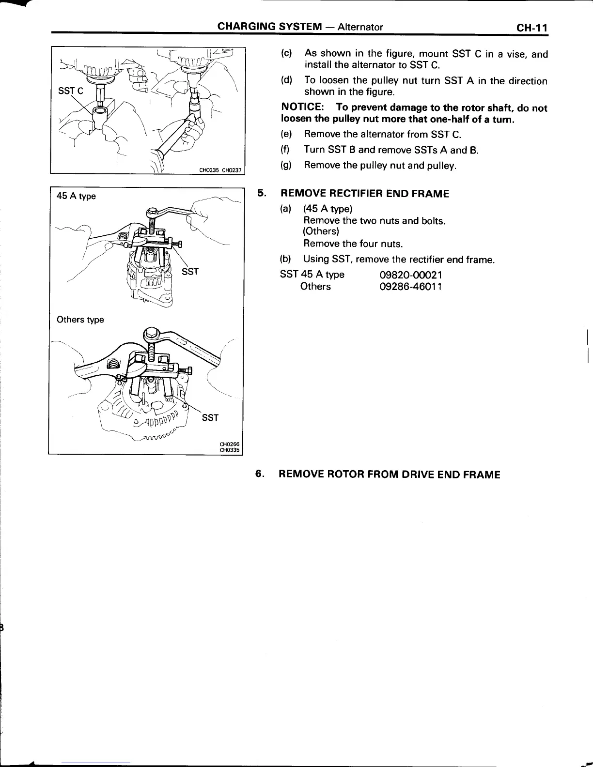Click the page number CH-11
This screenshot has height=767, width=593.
[531, 28]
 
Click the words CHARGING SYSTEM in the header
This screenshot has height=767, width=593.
[269, 27]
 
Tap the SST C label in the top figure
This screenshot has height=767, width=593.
[70, 91]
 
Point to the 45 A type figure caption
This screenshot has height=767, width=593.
[76, 196]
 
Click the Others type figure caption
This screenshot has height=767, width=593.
[80, 320]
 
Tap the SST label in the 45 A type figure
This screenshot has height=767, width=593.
[190, 272]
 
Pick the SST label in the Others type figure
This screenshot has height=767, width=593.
[210, 417]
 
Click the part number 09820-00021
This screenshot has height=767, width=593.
[411, 275]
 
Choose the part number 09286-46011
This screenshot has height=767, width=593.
[411, 287]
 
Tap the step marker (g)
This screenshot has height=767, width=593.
[286, 166]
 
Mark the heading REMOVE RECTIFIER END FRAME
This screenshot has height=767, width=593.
[365, 194]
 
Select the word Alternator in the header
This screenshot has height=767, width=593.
[360, 27]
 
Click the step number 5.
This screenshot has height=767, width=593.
[262, 194]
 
